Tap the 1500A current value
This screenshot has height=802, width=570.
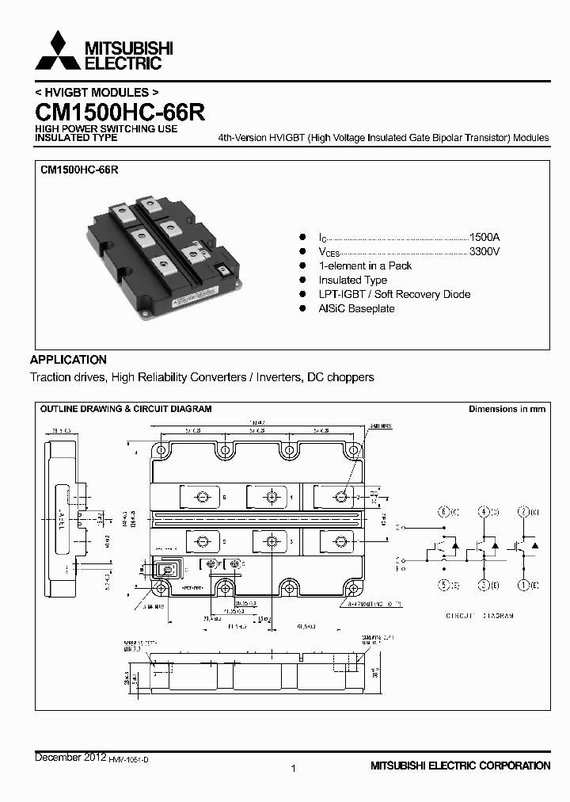point(484,237)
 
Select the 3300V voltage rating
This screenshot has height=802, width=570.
point(484,251)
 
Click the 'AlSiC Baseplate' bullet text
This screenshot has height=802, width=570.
point(356,308)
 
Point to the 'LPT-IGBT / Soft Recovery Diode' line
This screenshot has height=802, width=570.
point(394,294)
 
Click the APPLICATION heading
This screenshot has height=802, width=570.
point(68,359)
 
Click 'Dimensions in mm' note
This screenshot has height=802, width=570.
point(507,409)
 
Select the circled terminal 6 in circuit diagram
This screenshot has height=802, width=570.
point(445,511)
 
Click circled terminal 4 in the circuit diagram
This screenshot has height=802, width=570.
point(484,511)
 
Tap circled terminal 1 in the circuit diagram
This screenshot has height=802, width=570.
point(523,586)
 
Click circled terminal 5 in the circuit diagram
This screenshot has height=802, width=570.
point(445,586)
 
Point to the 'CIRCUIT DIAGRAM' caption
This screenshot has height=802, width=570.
point(480,616)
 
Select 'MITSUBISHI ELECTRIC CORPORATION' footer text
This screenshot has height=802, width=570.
point(460,766)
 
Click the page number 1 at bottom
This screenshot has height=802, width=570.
point(293,768)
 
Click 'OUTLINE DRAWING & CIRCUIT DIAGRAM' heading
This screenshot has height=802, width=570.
point(126,409)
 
